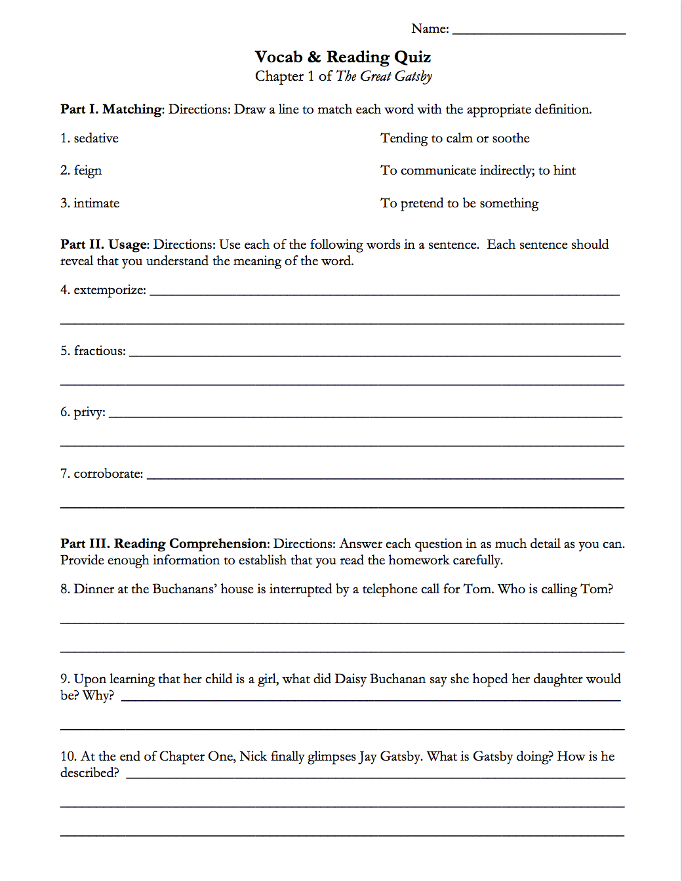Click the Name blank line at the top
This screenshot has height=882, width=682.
pos(539,31)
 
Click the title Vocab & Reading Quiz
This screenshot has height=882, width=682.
pos(343,57)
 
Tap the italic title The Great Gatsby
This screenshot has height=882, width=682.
pos(384,76)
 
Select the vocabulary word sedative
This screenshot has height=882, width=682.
pos(96,138)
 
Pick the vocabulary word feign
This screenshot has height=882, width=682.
pos(87,171)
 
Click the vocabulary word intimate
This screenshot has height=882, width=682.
pos(96,203)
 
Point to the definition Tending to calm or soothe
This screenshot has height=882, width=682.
pos(454,138)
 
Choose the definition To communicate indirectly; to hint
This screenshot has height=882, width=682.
pos(477,171)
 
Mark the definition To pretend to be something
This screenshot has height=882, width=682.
pos(459,203)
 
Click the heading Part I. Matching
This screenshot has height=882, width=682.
pos(111,110)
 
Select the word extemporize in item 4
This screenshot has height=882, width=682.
pos(110,290)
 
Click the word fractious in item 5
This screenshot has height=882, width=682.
pos(100,351)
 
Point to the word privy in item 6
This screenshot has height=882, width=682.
pos(89,412)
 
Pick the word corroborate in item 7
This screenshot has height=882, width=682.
pos(108,474)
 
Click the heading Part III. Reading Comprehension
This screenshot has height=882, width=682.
pos(165,544)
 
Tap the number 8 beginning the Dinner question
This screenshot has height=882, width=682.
pos(64,589)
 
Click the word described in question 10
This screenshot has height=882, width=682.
pos(90,773)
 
